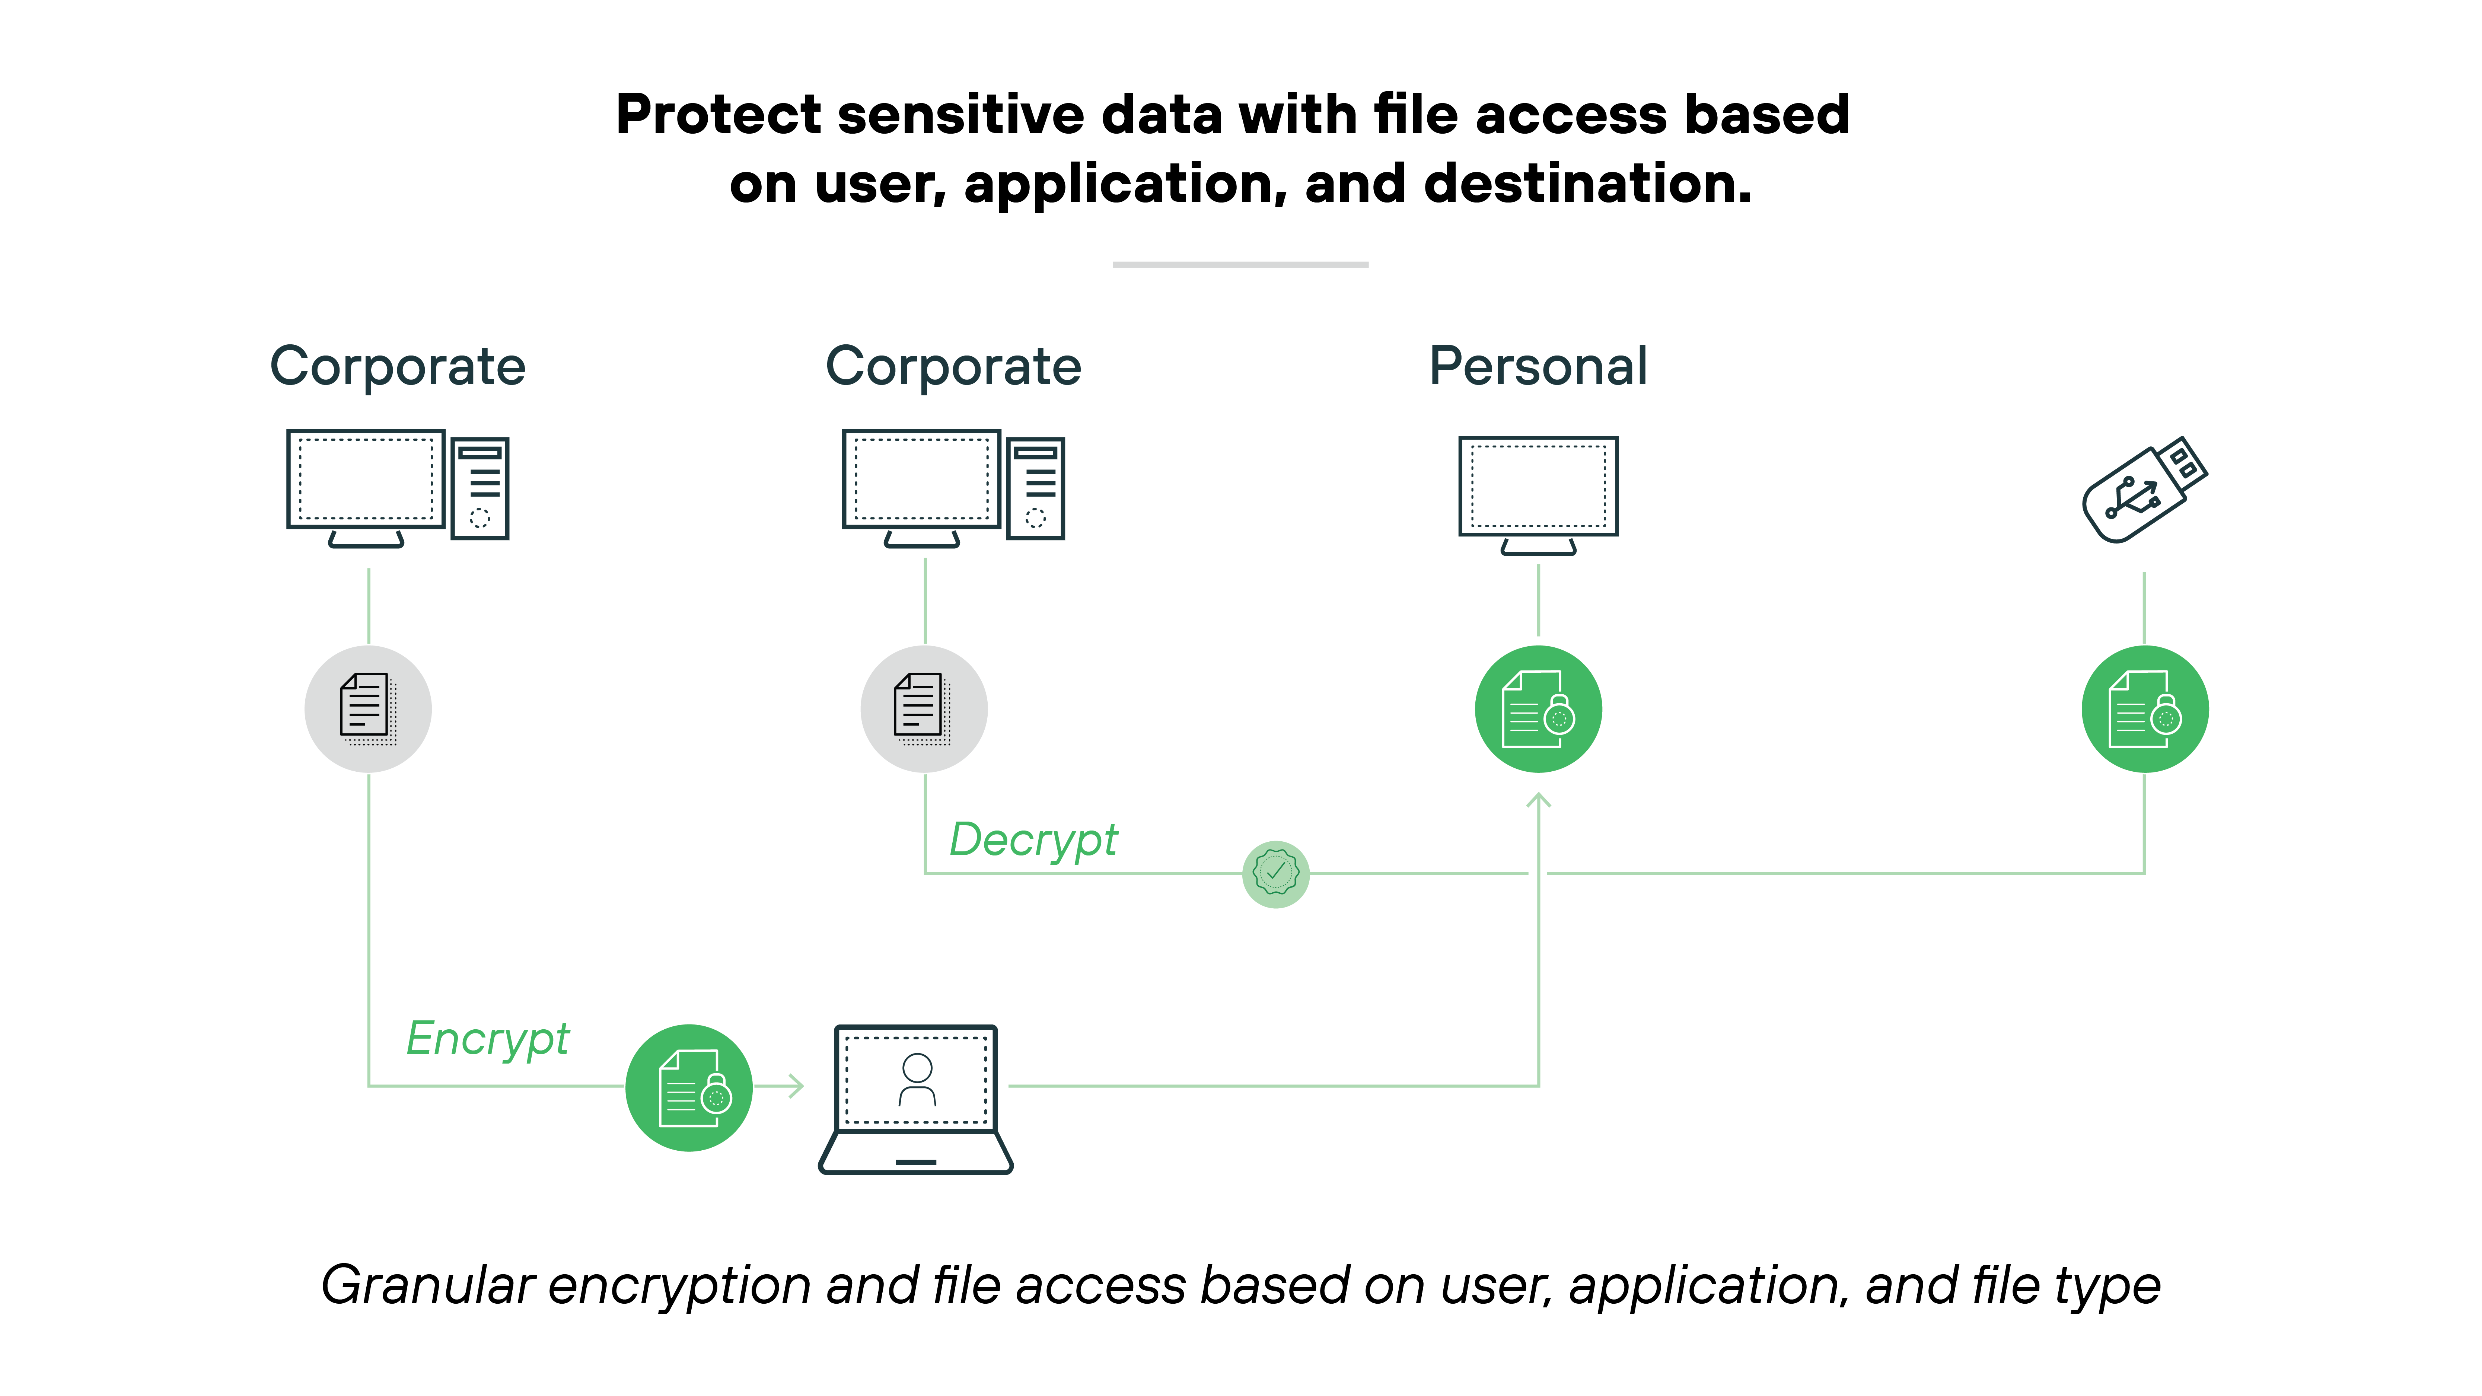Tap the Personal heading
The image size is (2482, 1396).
(1538, 367)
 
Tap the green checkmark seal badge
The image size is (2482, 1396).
(1276, 874)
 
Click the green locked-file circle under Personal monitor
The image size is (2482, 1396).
(1538, 709)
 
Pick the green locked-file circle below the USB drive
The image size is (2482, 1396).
(2145, 709)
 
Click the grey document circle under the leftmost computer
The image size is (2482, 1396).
(368, 709)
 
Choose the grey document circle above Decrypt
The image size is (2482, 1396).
(924, 709)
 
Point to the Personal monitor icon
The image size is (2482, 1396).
(1538, 491)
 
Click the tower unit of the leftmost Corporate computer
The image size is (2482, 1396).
(480, 488)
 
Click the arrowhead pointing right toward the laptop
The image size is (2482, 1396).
(796, 1087)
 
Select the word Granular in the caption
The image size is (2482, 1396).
(428, 1286)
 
